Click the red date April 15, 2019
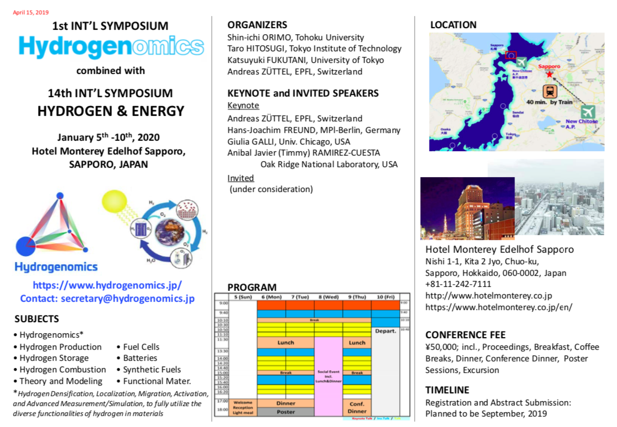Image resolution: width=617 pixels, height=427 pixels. pyautogui.click(x=31, y=12)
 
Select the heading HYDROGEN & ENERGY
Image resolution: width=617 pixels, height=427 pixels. pyautogui.click(x=111, y=111)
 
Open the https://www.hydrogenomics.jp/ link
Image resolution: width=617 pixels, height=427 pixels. pyautogui.click(x=108, y=285)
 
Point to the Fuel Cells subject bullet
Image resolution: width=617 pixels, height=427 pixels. pyautogui.click(x=138, y=347)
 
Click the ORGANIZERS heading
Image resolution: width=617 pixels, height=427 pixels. pyautogui.click(x=257, y=25)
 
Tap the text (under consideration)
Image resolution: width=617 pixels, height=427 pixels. pyautogui.click(x=271, y=189)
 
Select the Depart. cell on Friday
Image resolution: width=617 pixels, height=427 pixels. pyautogui.click(x=385, y=331)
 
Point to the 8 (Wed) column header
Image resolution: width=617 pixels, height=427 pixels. pyautogui.click(x=328, y=297)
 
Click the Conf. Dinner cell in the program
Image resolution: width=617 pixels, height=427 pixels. pyautogui.click(x=357, y=407)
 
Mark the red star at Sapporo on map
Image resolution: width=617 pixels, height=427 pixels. pyautogui.click(x=549, y=74)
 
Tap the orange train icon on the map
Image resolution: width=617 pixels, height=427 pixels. pyautogui.click(x=550, y=92)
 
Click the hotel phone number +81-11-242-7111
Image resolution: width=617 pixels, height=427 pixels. pyautogui.click(x=458, y=284)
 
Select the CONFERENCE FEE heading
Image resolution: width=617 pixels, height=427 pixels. pyautogui.click(x=465, y=335)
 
